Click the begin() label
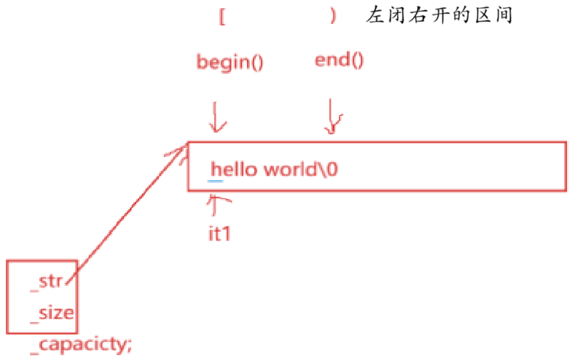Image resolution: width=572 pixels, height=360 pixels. click(x=230, y=62)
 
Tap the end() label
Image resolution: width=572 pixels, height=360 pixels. click(x=339, y=60)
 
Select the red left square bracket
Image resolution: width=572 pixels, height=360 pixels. click(x=222, y=17)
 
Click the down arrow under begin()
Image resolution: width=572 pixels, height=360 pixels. click(x=216, y=117)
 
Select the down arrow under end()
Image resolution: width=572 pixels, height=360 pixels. click(x=333, y=117)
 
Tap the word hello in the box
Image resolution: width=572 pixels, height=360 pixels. click(x=234, y=169)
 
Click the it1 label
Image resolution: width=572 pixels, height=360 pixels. click(x=219, y=235)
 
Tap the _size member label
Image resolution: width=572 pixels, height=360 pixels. click(x=52, y=313)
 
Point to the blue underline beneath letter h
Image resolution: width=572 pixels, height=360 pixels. click(x=216, y=179)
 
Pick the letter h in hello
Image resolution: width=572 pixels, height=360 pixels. click(x=216, y=169)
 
